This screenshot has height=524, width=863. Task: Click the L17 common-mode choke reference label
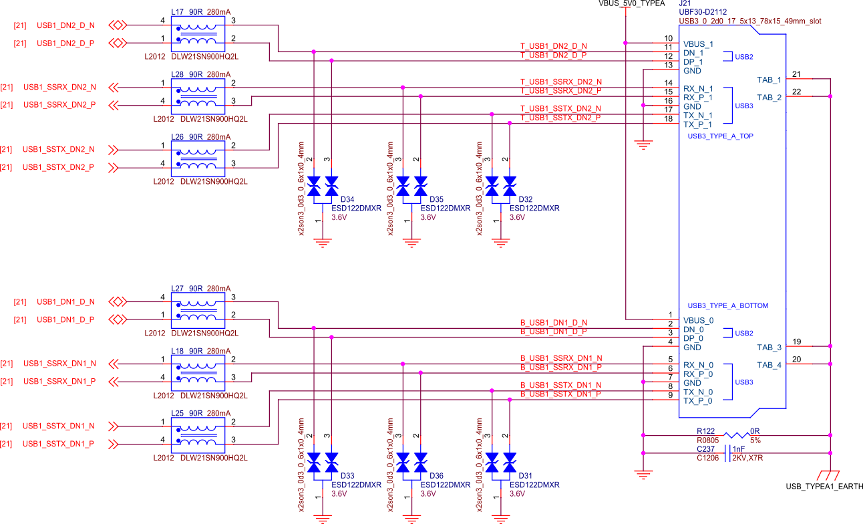pos(178,12)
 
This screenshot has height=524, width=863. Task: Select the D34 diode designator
pos(347,199)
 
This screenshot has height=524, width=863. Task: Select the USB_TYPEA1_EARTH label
pos(824,487)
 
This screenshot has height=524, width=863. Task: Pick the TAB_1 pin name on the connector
pos(769,80)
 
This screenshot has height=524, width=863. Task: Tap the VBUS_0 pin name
pos(698,320)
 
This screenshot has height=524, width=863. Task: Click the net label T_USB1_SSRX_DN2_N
pos(560,82)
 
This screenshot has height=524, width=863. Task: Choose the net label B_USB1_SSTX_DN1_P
pos(560,394)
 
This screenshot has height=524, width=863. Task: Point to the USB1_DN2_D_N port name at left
pos(65,25)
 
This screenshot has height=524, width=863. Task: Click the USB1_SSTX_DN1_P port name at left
pos(58,444)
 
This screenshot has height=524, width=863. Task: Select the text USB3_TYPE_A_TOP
pos(720,136)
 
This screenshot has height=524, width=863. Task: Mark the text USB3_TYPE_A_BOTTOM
pos(727,305)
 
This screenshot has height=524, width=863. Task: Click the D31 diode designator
pos(525,476)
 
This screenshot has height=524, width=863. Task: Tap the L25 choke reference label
pos(178,413)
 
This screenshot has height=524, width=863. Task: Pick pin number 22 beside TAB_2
pos(796,91)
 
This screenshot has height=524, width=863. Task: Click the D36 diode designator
pos(436,476)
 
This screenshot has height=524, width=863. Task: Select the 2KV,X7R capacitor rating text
pos(748,458)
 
